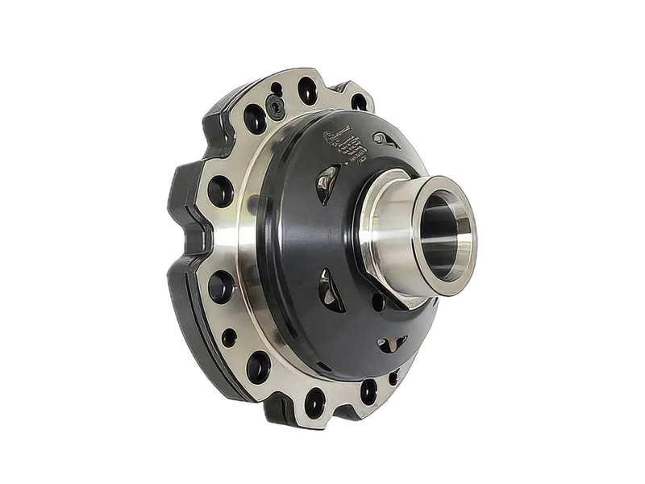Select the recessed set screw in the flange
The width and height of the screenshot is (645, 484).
pos(277,106)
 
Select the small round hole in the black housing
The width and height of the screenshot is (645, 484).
pos(377,305)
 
